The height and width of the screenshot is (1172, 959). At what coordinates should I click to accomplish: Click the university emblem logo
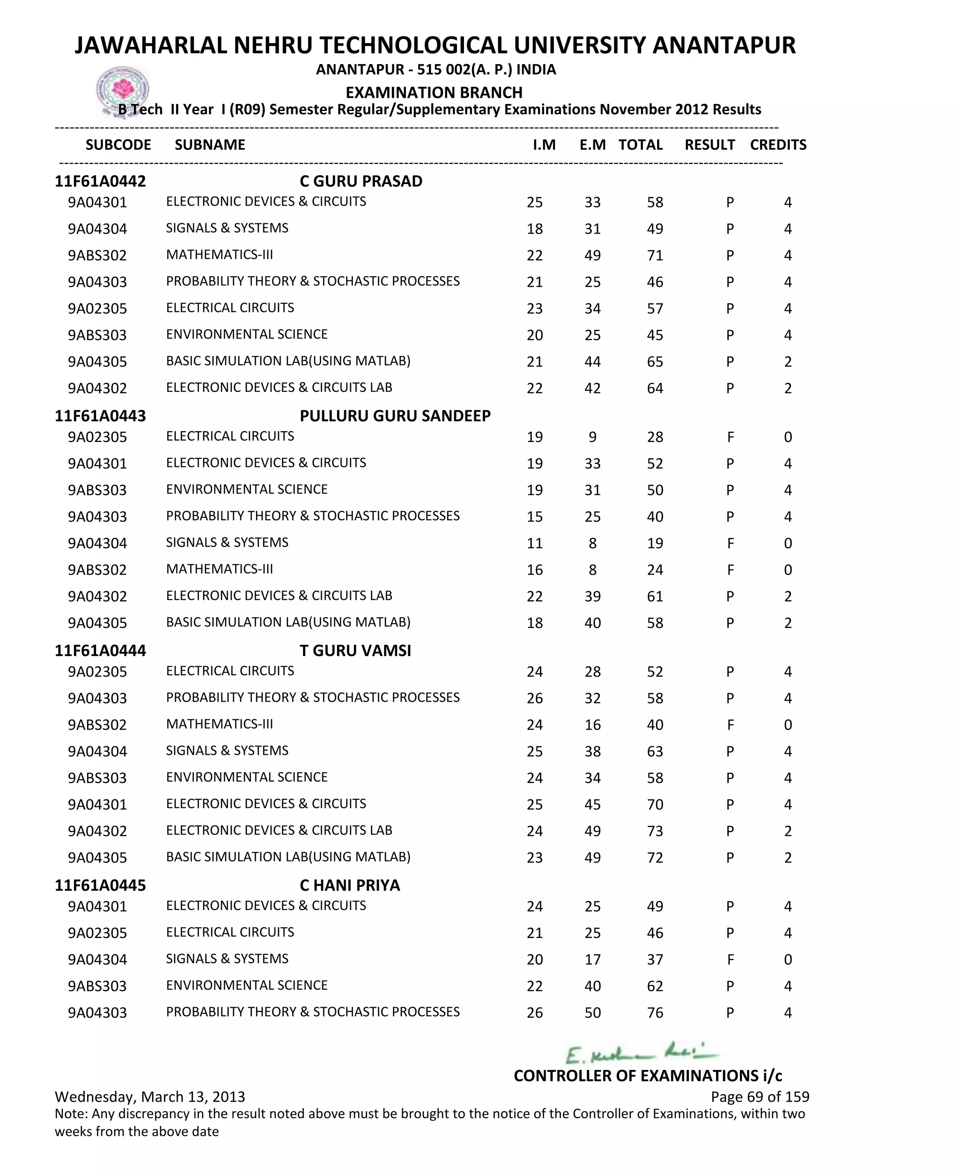(x=123, y=90)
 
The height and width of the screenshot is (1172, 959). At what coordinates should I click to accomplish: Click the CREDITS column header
(x=778, y=145)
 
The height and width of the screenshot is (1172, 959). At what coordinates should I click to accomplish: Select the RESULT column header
(x=709, y=145)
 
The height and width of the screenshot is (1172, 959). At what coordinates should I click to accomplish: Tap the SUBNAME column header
(x=210, y=145)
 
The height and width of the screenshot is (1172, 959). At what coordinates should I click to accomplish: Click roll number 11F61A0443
(x=100, y=416)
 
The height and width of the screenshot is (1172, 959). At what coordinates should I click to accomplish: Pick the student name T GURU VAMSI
(x=355, y=651)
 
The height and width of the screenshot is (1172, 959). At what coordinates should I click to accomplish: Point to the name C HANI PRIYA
(x=350, y=885)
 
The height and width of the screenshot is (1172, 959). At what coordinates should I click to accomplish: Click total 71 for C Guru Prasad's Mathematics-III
(x=655, y=256)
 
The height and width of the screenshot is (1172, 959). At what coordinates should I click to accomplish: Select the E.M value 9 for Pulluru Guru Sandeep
(x=592, y=437)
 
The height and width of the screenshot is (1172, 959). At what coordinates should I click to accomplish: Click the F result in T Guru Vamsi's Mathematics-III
(x=730, y=725)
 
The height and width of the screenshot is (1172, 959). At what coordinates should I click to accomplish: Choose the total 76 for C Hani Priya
(x=655, y=1013)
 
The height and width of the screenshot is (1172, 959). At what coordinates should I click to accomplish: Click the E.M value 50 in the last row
(x=592, y=1013)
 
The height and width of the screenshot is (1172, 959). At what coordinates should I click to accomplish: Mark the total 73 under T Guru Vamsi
(x=655, y=831)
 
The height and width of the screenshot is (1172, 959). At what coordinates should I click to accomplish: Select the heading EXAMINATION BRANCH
(x=434, y=92)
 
